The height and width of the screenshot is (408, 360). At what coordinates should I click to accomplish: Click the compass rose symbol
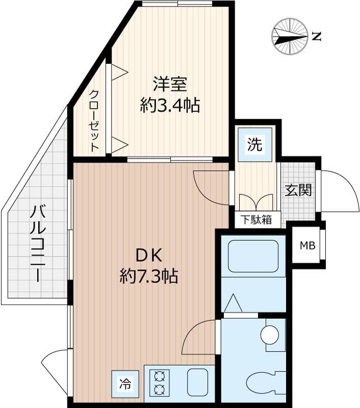coord(290,36)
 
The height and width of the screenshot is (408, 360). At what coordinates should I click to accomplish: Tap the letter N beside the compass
coord(317,36)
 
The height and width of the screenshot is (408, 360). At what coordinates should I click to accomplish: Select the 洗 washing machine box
coord(254,145)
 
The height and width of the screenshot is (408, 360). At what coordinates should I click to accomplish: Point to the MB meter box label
coord(307,246)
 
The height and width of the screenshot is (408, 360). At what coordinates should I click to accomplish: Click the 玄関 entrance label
coord(298,190)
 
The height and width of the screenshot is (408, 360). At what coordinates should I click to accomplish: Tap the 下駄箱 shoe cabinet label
coord(257,220)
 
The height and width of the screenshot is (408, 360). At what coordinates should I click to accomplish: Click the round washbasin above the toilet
coord(270,335)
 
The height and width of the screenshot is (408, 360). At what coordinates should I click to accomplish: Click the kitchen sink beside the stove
coord(197,382)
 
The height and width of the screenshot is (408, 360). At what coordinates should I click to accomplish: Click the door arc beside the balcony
coord(55,370)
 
